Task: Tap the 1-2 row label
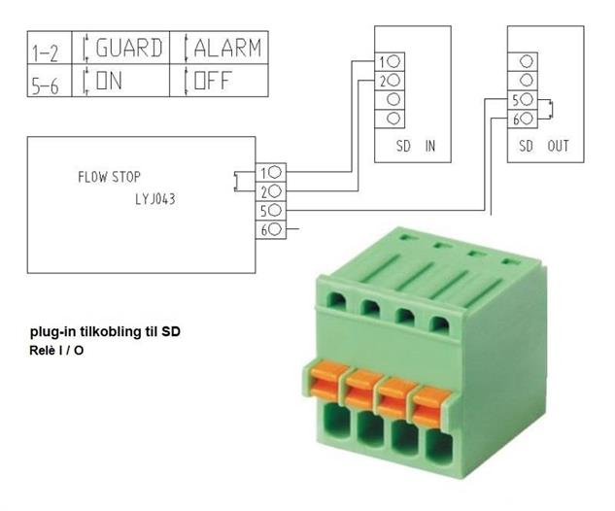click(x=45, y=52)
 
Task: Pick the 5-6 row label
click(x=45, y=85)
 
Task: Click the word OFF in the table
click(x=213, y=81)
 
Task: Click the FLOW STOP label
click(x=109, y=177)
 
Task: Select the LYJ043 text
click(x=155, y=199)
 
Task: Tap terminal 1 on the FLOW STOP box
click(x=271, y=172)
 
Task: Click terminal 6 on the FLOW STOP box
click(x=271, y=229)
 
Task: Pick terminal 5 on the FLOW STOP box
click(x=271, y=211)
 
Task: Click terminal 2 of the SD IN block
click(x=390, y=81)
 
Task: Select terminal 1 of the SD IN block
click(x=390, y=62)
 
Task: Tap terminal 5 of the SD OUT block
click(x=523, y=100)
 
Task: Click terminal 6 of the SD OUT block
click(x=523, y=119)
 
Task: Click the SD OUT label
click(x=544, y=146)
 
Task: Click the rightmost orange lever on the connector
click(x=429, y=405)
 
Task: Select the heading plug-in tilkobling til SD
click(x=105, y=332)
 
